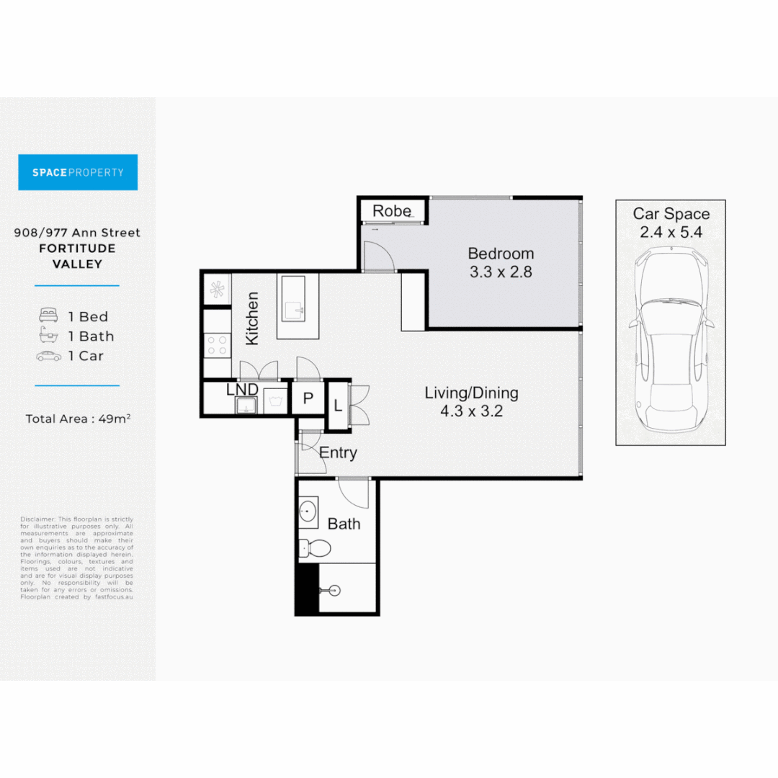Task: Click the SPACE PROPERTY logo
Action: click(x=78, y=172)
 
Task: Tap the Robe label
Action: click(x=391, y=211)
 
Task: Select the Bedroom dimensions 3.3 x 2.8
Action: click(x=501, y=272)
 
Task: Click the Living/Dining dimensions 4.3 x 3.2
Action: click(x=471, y=412)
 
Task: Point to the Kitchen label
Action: click(x=252, y=318)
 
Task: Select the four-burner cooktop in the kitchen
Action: click(x=217, y=345)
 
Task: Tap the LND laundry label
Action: click(x=242, y=390)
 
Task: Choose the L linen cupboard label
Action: click(x=337, y=405)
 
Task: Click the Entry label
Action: click(x=338, y=453)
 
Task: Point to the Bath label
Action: click(x=344, y=524)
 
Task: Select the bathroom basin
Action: click(x=308, y=512)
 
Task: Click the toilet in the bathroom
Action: click(x=315, y=550)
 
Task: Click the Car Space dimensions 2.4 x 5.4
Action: click(x=671, y=232)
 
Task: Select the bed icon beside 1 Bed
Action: click(x=48, y=316)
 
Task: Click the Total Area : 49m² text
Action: click(x=78, y=419)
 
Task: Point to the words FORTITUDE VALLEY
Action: click(x=77, y=256)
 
